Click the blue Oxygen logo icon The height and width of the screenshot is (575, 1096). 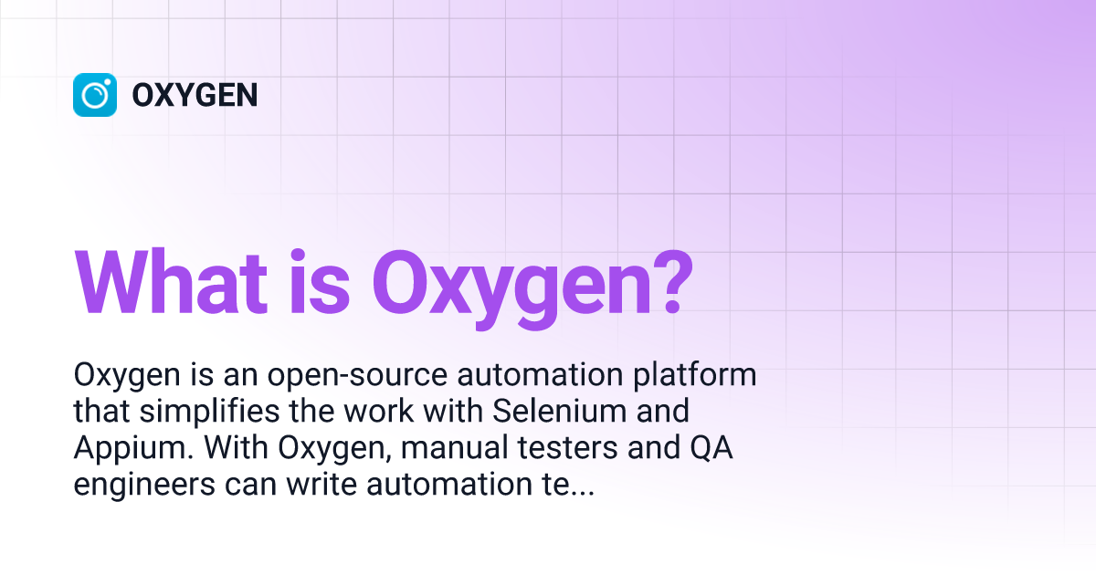95,95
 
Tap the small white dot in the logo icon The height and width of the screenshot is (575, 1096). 107,82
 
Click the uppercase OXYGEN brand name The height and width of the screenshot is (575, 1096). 195,95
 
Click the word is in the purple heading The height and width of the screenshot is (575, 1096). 320,283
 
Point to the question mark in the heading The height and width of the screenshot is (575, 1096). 672,283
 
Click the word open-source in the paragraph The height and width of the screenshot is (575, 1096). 357,375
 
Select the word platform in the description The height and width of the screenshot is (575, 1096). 695,375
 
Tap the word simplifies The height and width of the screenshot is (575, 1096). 209,412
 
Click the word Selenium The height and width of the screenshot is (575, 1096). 559,411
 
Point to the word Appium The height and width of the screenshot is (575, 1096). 133,449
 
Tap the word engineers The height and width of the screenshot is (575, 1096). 144,486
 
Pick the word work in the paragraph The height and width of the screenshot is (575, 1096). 378,411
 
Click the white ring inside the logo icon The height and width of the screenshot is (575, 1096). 83,95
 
